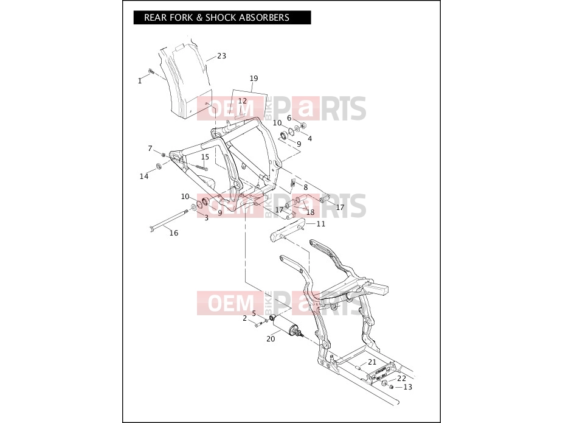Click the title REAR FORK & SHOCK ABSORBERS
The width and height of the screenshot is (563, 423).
coord(216,18)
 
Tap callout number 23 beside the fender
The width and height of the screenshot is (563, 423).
coord(221,56)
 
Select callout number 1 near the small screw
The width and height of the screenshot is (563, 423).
coord(140,81)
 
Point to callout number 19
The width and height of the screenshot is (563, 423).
coord(254,79)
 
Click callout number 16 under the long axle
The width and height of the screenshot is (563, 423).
coord(174,233)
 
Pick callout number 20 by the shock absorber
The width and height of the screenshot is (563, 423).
coord(271,338)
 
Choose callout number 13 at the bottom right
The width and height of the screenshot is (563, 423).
coord(408,387)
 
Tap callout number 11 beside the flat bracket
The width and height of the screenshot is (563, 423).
coord(321,223)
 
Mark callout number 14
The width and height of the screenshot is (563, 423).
coord(144,177)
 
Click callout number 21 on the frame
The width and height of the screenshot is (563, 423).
coord(372,362)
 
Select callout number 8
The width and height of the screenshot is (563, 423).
coord(306,187)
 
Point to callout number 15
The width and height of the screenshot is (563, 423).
coord(205,157)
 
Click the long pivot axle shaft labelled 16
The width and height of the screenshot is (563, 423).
coord(169,220)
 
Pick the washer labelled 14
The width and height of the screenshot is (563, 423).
coord(158,166)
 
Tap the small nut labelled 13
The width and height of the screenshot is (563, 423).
coord(392,386)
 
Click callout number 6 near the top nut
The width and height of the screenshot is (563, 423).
coord(289,118)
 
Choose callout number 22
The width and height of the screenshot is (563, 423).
coord(401,378)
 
